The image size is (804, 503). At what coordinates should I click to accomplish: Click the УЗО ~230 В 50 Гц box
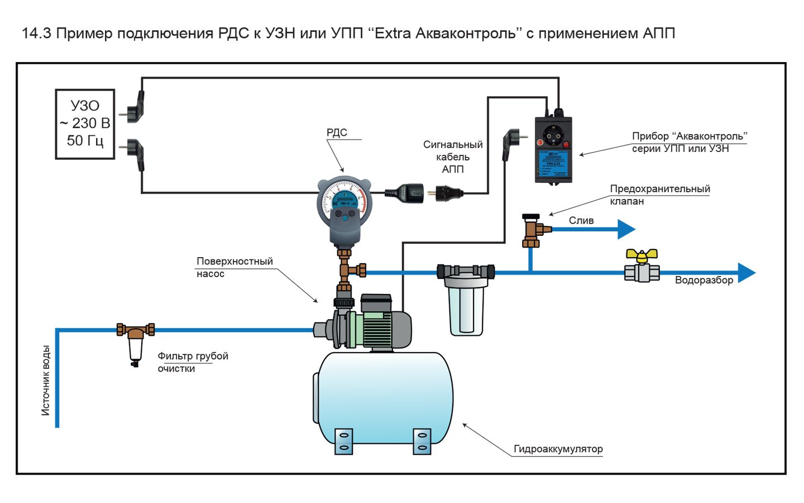tap(85, 124)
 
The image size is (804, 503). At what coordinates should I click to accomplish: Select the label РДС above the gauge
tap(337, 132)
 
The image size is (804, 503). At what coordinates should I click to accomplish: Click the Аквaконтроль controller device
tap(553, 149)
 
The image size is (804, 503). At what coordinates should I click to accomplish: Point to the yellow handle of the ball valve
tap(642, 256)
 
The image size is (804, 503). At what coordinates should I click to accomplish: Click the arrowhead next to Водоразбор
tap(746, 273)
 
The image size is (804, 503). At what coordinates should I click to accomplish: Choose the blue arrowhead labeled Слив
tap(626, 229)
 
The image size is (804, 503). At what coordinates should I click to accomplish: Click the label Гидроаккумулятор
tap(558, 449)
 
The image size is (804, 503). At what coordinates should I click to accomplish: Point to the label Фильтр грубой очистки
tap(193, 362)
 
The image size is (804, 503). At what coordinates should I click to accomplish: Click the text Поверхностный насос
tap(234, 267)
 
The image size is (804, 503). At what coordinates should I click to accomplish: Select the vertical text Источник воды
tap(46, 380)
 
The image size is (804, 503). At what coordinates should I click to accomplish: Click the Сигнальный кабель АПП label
tap(453, 156)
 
